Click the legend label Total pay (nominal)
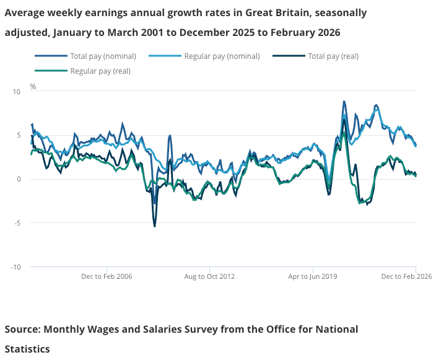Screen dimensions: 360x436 click(103, 56)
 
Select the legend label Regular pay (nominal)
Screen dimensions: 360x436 click(222, 56)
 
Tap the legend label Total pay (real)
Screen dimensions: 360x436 click(333, 56)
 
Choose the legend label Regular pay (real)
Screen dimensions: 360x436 click(100, 71)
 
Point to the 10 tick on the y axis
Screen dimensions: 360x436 click(17, 92)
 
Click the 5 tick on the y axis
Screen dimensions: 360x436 click(19, 136)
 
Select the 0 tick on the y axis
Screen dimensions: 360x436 click(19, 180)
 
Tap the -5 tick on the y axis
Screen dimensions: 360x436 click(17, 223)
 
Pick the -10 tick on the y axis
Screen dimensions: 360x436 click(16, 267)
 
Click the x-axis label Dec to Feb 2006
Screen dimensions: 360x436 click(107, 276)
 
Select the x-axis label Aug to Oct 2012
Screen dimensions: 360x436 click(209, 276)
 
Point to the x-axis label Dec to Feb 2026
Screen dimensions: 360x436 click(406, 276)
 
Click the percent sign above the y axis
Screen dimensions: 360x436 click(33, 87)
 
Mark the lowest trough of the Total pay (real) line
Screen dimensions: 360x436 click(155, 226)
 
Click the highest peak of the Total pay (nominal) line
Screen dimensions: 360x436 click(344, 101)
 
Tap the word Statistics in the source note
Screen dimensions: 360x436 click(27, 349)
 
